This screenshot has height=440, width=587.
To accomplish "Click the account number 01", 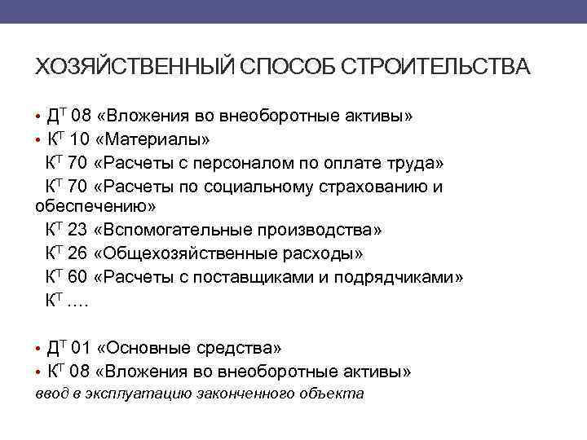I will coord(82,349).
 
